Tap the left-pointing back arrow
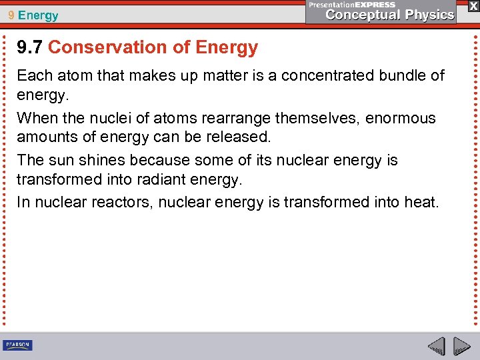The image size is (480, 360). tap(437, 347)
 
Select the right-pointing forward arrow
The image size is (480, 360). tap(461, 347)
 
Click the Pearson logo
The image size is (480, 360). tap(17, 345)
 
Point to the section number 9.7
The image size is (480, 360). tap(30, 47)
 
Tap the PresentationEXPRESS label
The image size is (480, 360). tap(352, 4)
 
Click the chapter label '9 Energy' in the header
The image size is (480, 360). tap(33, 15)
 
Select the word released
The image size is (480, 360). tap(241, 137)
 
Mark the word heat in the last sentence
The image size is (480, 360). tap(421, 201)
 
